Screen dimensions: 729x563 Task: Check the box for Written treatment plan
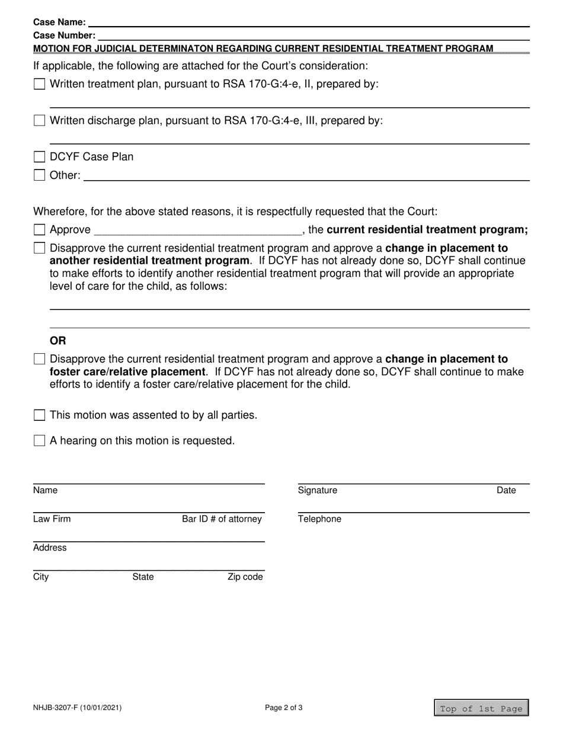pos(39,84)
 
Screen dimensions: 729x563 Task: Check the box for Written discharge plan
pos(39,121)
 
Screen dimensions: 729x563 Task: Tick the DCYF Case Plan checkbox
pos(39,157)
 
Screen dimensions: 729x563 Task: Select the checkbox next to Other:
pos(39,175)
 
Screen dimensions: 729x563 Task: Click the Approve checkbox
pos(39,230)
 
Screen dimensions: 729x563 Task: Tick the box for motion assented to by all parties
pos(39,415)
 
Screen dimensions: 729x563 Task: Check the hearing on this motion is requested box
pos(39,441)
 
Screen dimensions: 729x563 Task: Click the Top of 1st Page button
pos(481,708)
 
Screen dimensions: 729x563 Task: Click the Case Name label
pos(59,23)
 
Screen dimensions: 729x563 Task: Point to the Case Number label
pos(64,36)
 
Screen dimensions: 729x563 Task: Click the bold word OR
pos(58,341)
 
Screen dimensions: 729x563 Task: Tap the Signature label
pos(317,491)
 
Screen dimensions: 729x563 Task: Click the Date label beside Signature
pos(506,491)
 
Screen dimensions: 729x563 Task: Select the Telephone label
pos(319,519)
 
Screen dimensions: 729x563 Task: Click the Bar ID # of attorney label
pos(222,519)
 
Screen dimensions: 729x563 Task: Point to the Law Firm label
pos(52,519)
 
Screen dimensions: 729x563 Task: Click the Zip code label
pos(245,577)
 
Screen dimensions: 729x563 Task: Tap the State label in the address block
pos(143,577)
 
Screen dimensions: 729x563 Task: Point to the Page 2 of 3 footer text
pos(284,708)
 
